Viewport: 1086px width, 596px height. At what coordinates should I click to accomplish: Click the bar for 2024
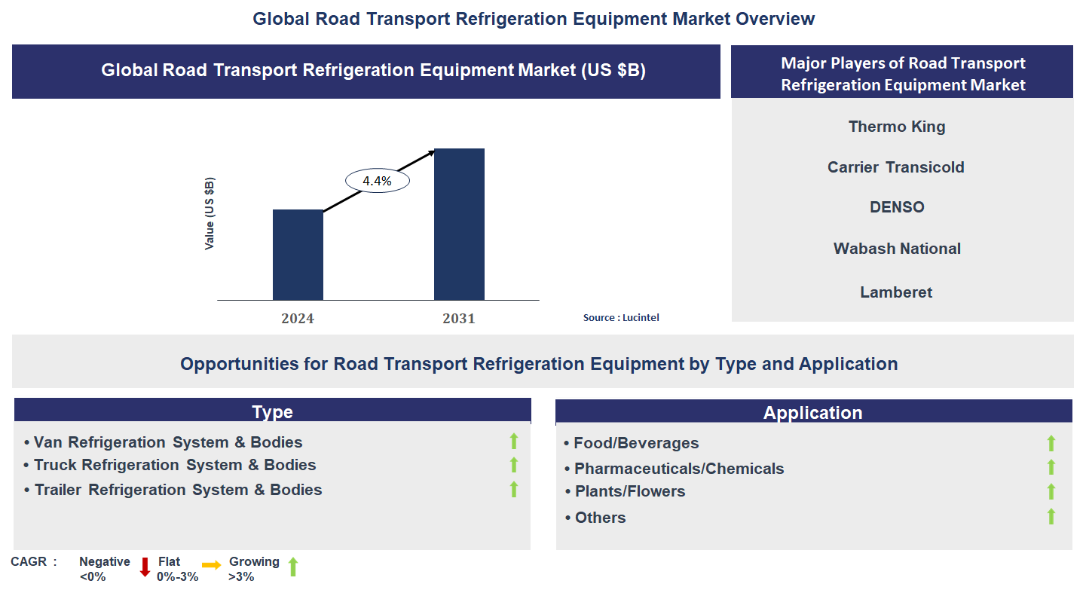click(298, 255)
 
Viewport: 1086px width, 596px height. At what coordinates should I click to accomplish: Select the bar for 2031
click(459, 225)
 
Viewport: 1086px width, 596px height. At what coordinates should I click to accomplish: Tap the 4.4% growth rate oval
click(377, 181)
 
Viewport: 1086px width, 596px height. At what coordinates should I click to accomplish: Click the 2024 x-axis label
click(298, 319)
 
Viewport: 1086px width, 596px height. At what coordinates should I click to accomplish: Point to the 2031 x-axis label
click(459, 319)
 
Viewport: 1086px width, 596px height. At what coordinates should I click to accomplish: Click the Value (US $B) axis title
click(210, 214)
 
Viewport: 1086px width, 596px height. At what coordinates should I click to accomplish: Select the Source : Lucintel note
click(621, 318)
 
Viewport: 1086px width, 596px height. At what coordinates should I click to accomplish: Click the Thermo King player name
click(897, 127)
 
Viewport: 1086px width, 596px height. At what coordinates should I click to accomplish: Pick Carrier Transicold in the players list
click(896, 167)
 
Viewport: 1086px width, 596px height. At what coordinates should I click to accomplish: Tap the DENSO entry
click(897, 207)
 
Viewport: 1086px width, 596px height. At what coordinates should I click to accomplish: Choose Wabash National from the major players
click(897, 249)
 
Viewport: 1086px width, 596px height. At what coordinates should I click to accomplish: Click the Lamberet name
click(896, 292)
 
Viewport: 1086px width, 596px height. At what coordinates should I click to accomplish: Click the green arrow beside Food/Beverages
click(1051, 443)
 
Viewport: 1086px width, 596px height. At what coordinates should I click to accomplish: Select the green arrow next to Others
click(1051, 516)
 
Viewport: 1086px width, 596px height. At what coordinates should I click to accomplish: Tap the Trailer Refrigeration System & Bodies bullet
click(178, 490)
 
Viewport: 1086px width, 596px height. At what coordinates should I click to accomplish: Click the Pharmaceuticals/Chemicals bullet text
click(678, 469)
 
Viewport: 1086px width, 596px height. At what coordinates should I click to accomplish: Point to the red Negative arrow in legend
click(145, 567)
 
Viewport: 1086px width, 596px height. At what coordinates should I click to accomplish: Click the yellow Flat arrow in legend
click(212, 564)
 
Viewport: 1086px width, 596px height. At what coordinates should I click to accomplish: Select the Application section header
click(812, 412)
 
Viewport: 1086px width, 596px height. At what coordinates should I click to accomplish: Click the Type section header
click(272, 411)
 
